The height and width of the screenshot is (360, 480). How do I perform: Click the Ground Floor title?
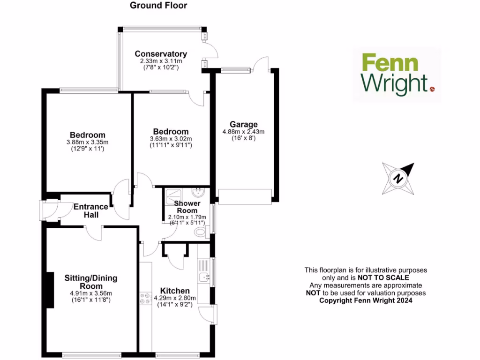[x=158, y=6]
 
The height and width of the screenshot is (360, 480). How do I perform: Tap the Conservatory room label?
[x=161, y=54]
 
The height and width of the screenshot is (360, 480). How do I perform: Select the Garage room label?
[x=243, y=124]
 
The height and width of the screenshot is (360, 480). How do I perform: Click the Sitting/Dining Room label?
[x=90, y=282]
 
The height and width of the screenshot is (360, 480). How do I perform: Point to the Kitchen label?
[x=175, y=291]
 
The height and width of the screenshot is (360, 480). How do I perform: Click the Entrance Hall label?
[x=91, y=210]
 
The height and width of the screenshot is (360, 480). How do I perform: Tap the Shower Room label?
[x=187, y=207]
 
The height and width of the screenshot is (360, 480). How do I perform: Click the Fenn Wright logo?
[x=397, y=75]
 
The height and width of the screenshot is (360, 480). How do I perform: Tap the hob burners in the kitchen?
[x=143, y=299]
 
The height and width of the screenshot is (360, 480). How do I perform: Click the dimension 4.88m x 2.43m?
[x=243, y=132]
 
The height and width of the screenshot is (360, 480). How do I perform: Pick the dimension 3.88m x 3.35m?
[x=88, y=142]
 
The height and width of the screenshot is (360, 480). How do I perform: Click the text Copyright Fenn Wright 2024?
[x=366, y=300]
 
